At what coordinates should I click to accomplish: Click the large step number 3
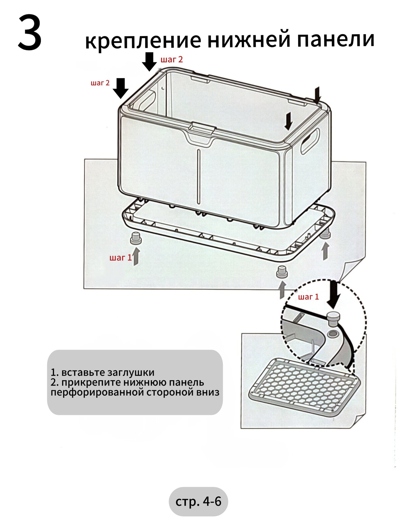point(30,33)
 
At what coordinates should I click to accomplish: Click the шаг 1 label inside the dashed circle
point(308,297)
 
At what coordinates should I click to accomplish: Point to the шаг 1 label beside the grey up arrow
point(120,258)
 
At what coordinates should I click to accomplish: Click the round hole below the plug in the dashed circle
point(333,334)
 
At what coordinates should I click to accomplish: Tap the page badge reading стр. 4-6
point(198,501)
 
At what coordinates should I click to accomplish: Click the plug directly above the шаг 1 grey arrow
point(136,238)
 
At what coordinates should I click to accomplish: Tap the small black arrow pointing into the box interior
point(289,121)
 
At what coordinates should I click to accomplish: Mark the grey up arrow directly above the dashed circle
point(282,290)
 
